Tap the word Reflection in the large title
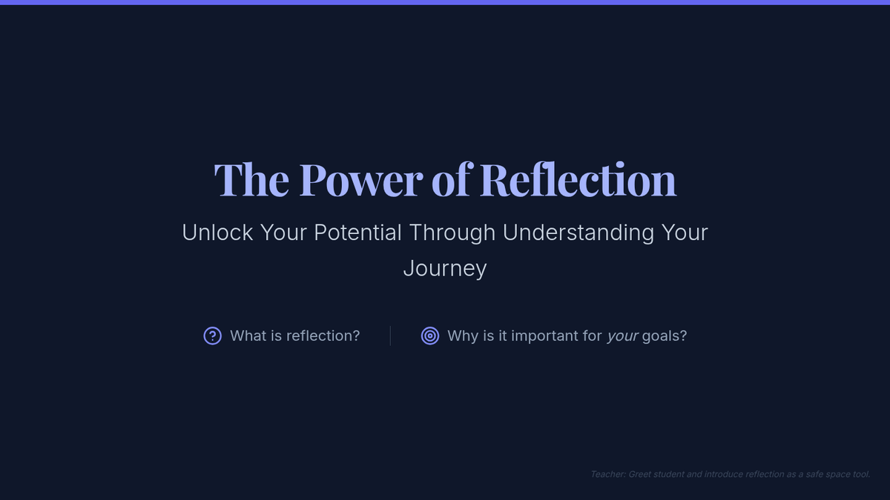[578, 179]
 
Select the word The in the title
[251, 180]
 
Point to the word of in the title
[452, 179]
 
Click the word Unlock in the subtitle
[217, 233]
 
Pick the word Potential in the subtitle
[357, 233]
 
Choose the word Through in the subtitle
[452, 233]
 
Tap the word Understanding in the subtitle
[578, 233]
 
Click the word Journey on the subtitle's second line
[445, 270]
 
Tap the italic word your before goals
[622, 337]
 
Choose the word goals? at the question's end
[665, 337]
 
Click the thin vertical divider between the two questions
[390, 336]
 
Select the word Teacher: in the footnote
[607, 475]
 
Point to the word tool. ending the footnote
[861, 475]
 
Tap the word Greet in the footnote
[639, 475]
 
